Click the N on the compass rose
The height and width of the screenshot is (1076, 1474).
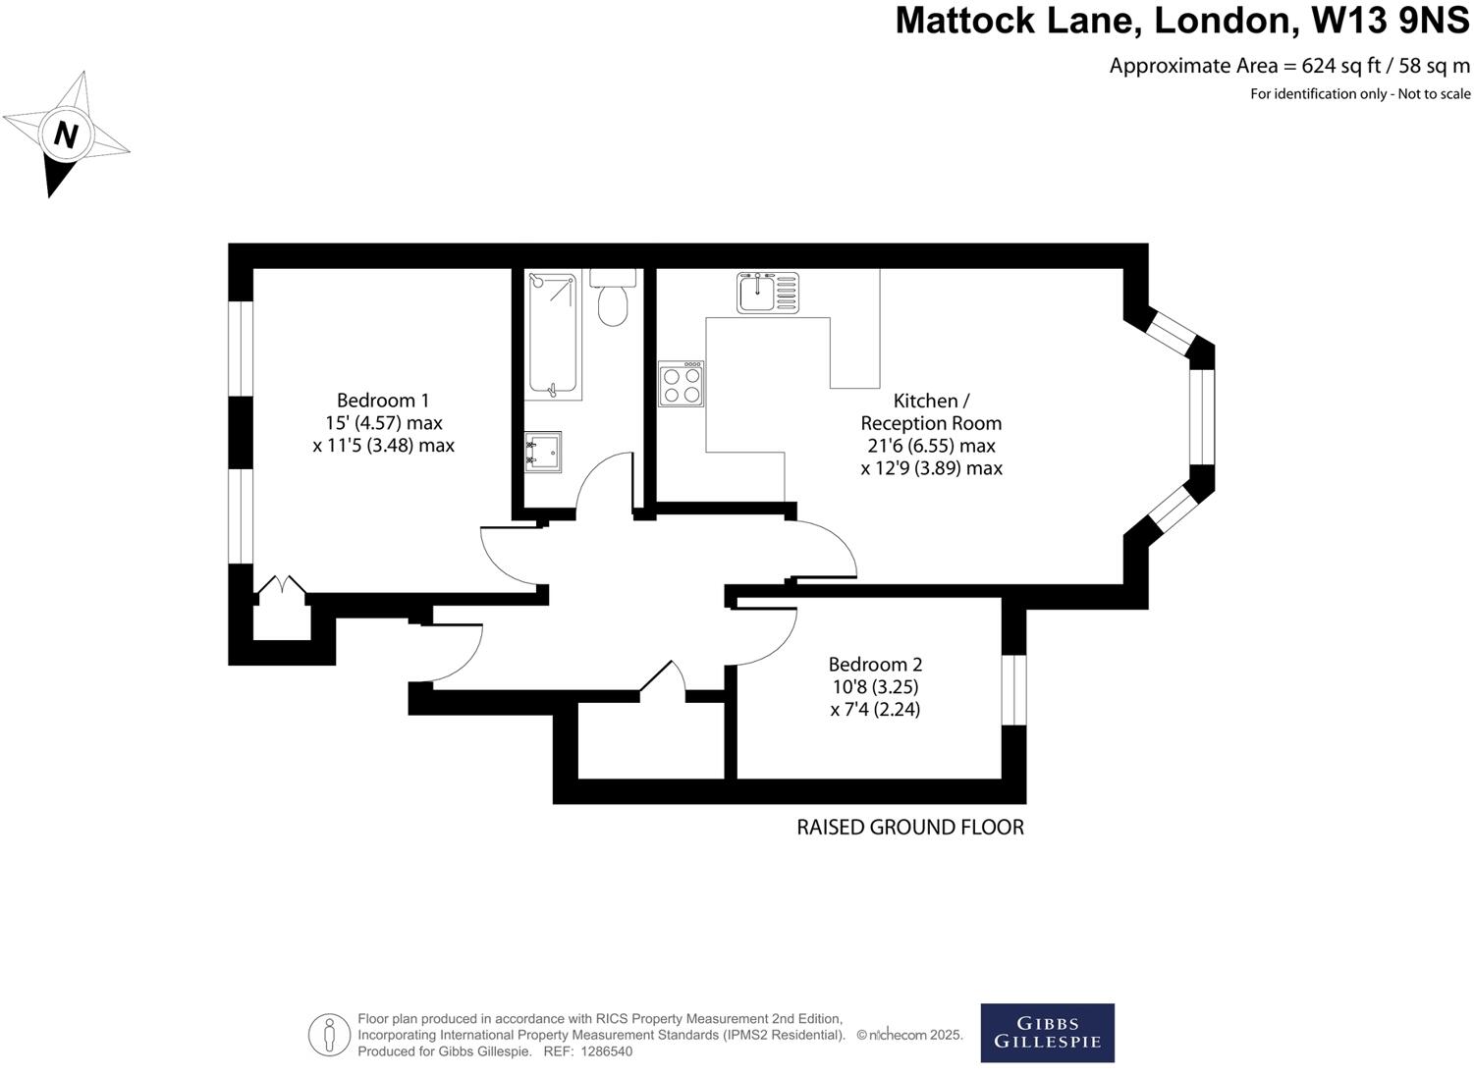click(x=66, y=134)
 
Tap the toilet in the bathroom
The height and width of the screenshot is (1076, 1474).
click(x=613, y=301)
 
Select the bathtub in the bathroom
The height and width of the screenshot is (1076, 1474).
click(x=553, y=334)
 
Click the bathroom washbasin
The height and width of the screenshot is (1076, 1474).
click(x=542, y=452)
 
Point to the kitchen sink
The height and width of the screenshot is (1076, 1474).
click(x=768, y=292)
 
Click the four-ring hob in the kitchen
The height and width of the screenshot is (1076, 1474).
click(x=681, y=384)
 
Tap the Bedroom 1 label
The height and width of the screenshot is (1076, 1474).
click(x=383, y=401)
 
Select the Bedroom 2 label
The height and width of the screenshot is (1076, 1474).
click(x=875, y=665)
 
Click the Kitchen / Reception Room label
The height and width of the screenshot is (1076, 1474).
click(x=931, y=412)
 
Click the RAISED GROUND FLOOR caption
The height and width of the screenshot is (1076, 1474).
click(x=909, y=828)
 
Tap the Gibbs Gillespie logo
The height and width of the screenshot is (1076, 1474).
click(x=1047, y=1033)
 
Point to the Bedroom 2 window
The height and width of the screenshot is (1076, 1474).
click(x=1013, y=689)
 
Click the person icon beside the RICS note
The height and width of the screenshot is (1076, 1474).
click(x=330, y=1035)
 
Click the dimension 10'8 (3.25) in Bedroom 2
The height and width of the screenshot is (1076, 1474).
click(x=874, y=687)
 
